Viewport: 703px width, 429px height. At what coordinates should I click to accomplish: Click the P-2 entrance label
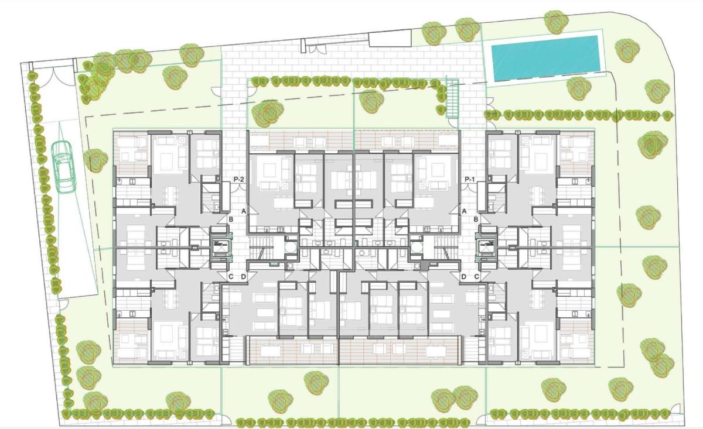point(238,179)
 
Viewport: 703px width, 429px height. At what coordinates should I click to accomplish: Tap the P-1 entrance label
point(469,179)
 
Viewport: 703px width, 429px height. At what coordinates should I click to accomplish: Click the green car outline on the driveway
point(64,166)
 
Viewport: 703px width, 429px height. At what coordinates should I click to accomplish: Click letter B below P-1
point(476,219)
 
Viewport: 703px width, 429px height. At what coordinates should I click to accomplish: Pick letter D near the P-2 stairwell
point(243,276)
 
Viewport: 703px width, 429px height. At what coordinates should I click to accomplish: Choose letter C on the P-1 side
point(476,276)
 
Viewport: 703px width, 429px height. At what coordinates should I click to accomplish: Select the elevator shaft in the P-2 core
point(219,246)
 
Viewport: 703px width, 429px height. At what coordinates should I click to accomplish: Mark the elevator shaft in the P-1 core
point(487,246)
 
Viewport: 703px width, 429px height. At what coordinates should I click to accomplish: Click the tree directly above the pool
point(555,22)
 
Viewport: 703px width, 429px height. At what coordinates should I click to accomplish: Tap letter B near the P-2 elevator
point(231,219)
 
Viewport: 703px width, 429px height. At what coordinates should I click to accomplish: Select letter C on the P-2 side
point(231,276)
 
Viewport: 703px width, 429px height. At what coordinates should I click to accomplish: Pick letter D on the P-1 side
point(463,276)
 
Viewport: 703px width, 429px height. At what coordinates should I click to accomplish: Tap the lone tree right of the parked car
point(94,160)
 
